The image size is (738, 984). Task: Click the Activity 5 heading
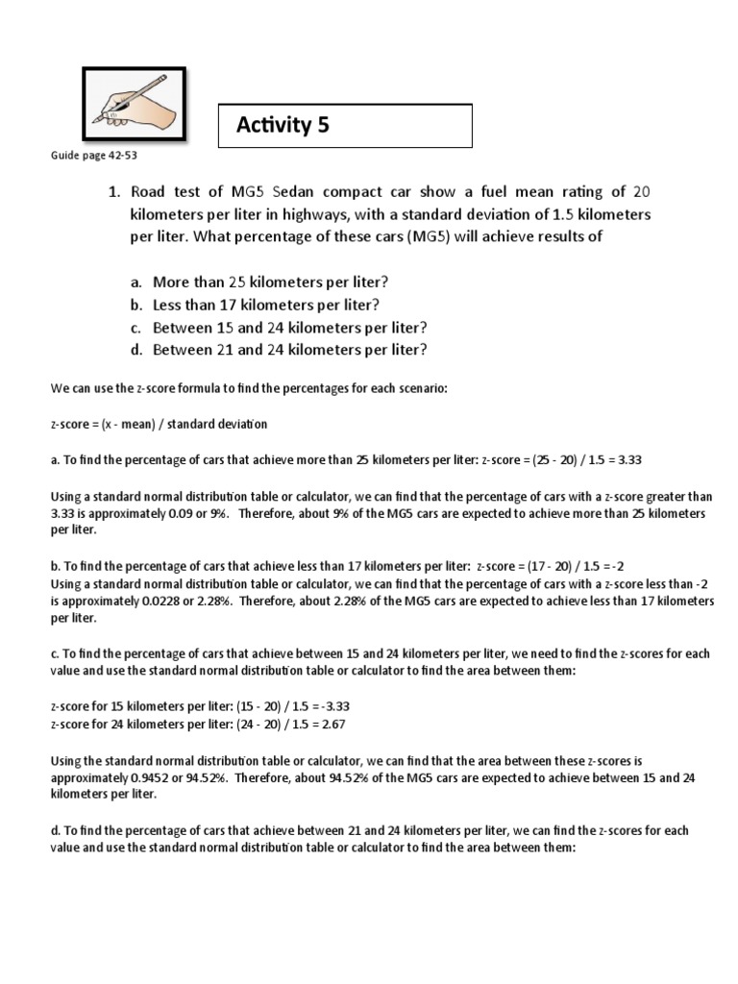283,125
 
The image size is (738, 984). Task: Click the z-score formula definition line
159,424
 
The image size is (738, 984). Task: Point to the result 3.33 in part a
628,459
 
